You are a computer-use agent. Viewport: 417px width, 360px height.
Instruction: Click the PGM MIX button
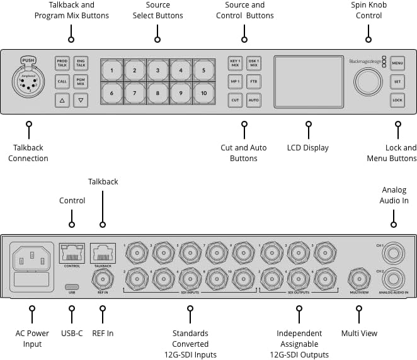(80, 82)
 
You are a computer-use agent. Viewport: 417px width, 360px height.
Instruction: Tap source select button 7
(135, 93)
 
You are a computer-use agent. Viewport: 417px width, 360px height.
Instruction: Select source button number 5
(203, 70)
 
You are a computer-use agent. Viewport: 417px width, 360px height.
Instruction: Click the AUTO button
(253, 100)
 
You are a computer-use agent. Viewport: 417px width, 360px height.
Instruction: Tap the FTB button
(253, 82)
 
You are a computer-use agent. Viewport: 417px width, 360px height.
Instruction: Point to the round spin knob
(367, 82)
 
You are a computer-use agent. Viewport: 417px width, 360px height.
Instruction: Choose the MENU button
(397, 64)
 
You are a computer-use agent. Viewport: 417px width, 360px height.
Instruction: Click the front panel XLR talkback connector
(28, 83)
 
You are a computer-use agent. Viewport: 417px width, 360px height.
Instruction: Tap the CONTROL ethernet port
(72, 254)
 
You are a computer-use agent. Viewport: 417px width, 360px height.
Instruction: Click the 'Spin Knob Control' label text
(368, 10)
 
